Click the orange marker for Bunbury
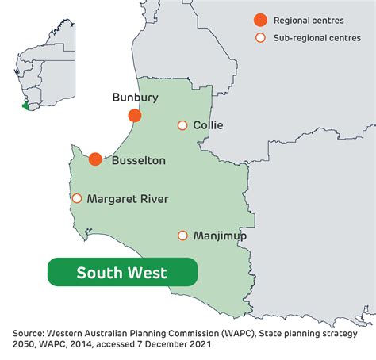point(135,116)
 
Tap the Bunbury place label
point(135,98)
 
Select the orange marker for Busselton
point(95,159)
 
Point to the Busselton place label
point(139,160)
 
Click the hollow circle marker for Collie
point(182,125)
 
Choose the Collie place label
point(208,125)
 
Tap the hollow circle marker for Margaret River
point(77,198)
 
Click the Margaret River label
point(128,198)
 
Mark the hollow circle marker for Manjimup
point(182,236)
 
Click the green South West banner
point(121,273)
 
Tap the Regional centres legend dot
point(259,21)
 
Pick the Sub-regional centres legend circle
point(259,37)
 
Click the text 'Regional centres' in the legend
point(309,21)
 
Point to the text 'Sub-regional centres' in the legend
point(317,37)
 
